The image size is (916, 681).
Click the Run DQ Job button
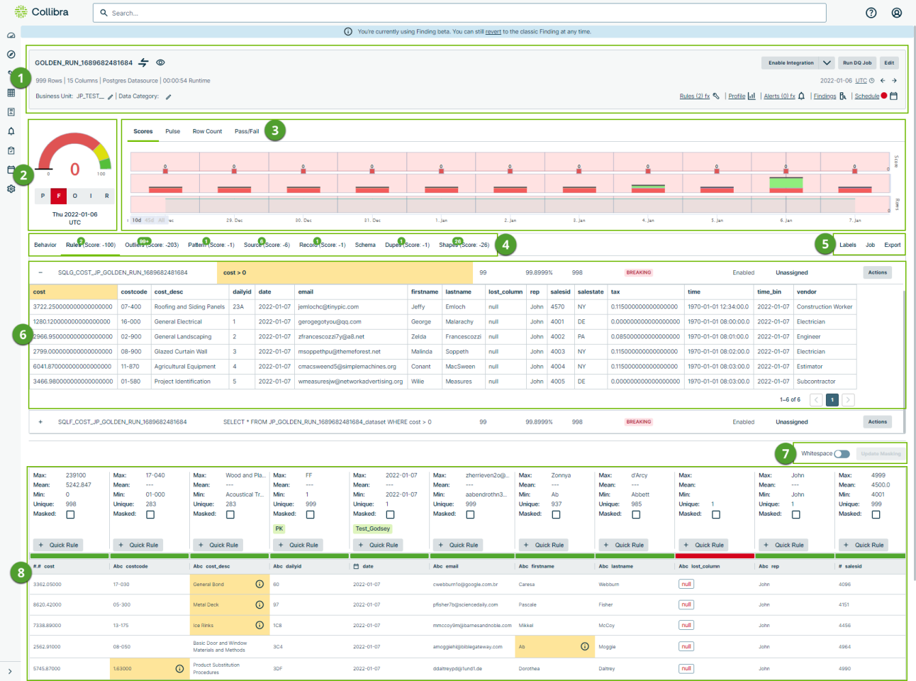(857, 63)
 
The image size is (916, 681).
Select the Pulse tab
(172, 131)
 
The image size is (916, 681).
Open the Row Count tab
(207, 131)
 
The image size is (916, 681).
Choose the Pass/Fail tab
(247, 131)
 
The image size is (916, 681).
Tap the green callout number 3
(274, 131)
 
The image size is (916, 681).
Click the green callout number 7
(785, 453)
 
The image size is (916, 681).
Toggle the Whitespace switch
(842, 454)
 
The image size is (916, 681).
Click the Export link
(892, 245)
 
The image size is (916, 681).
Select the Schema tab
(365, 245)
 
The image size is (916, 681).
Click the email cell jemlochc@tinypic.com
(328, 307)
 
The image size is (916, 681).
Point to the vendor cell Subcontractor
(816, 382)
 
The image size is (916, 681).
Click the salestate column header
(591, 292)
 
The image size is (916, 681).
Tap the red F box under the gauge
(58, 196)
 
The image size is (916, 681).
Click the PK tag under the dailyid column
(279, 528)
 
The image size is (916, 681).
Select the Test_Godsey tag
(372, 528)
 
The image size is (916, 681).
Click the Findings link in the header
(825, 96)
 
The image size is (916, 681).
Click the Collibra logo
(42, 12)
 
